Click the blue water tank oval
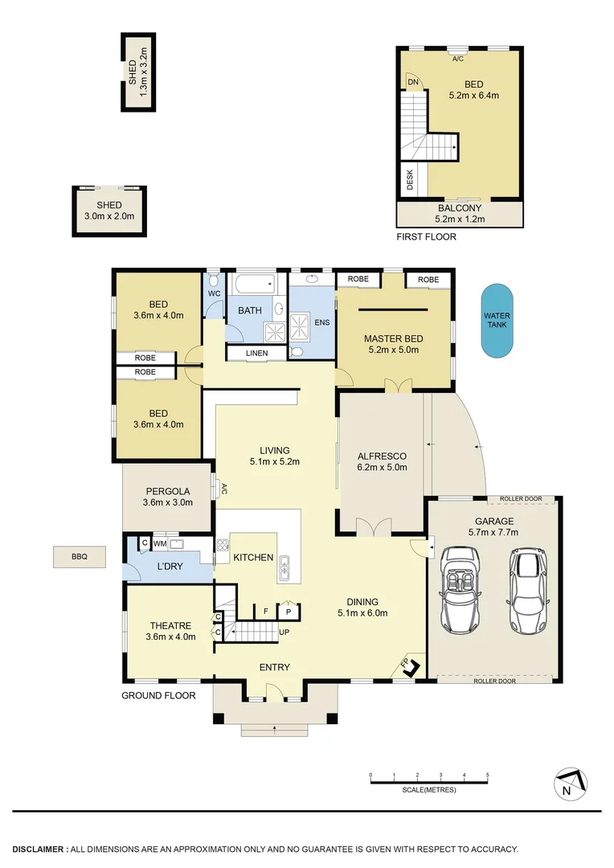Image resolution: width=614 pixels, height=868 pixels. [498, 320]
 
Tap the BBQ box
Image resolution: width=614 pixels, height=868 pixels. [79, 555]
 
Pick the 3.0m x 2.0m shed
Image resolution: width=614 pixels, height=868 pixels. [109, 211]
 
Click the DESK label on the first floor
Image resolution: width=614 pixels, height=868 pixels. [410, 179]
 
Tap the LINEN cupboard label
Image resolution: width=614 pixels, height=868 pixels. [256, 353]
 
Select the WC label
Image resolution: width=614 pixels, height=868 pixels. [214, 294]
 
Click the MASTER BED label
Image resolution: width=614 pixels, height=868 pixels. [393, 338]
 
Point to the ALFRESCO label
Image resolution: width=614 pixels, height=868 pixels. [382, 456]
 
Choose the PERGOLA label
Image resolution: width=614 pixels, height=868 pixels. [167, 491]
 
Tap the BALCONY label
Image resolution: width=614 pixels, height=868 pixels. [460, 208]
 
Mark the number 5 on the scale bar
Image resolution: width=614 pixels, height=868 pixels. [488, 775]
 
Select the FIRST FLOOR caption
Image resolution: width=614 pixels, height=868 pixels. [426, 237]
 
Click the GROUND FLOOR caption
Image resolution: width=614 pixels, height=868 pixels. [158, 695]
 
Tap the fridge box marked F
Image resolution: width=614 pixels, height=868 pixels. [265, 612]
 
